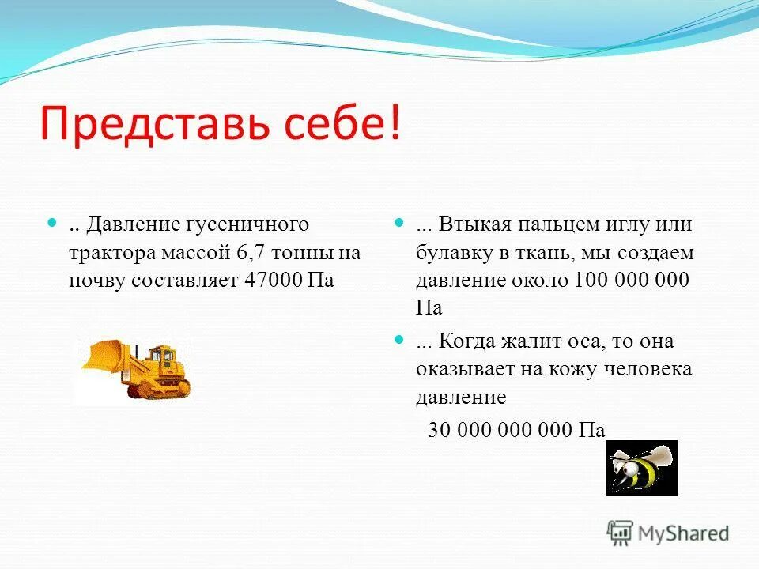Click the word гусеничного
[x=252, y=224]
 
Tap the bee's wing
[x=658, y=455]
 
